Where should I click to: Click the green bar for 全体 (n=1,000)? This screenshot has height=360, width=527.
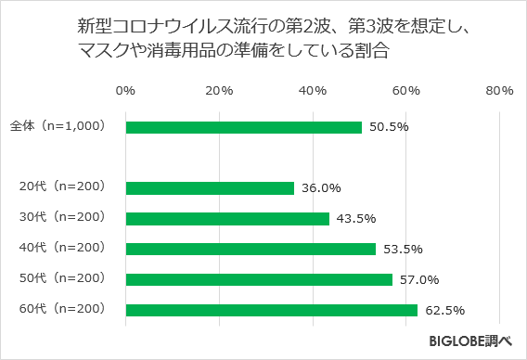tap(243, 127)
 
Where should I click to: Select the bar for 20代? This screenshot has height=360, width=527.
tap(210, 187)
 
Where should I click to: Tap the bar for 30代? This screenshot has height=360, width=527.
tap(227, 218)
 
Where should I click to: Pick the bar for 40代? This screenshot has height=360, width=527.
tap(251, 249)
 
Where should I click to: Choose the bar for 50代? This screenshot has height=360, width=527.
tap(259, 279)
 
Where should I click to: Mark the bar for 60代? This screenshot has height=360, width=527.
tap(272, 310)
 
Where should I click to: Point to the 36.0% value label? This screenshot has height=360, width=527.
tap(320, 187)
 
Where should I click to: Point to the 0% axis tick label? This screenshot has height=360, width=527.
tap(125, 90)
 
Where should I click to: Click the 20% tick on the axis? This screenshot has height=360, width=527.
tap(219, 90)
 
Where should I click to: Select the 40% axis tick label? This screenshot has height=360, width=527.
tap(313, 90)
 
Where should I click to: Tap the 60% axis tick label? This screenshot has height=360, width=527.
tap(406, 90)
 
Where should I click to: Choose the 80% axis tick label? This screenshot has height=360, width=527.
tap(499, 90)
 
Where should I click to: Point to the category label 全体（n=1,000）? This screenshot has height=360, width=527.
tap(58, 126)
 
